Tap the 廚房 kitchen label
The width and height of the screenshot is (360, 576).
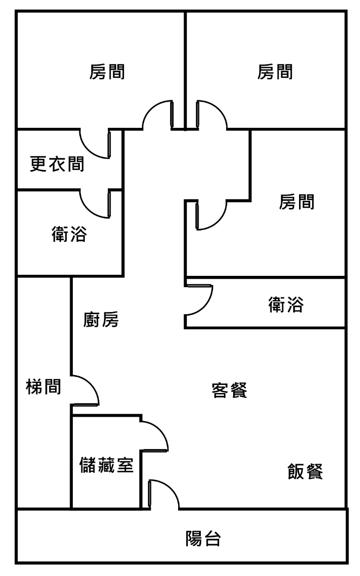(x=101, y=320)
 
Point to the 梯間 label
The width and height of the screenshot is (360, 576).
(x=43, y=387)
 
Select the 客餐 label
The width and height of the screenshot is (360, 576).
(x=229, y=390)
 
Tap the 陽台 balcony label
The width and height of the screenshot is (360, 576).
(x=203, y=538)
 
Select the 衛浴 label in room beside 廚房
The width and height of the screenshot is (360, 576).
(x=286, y=305)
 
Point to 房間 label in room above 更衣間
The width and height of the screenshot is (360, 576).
(x=107, y=72)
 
